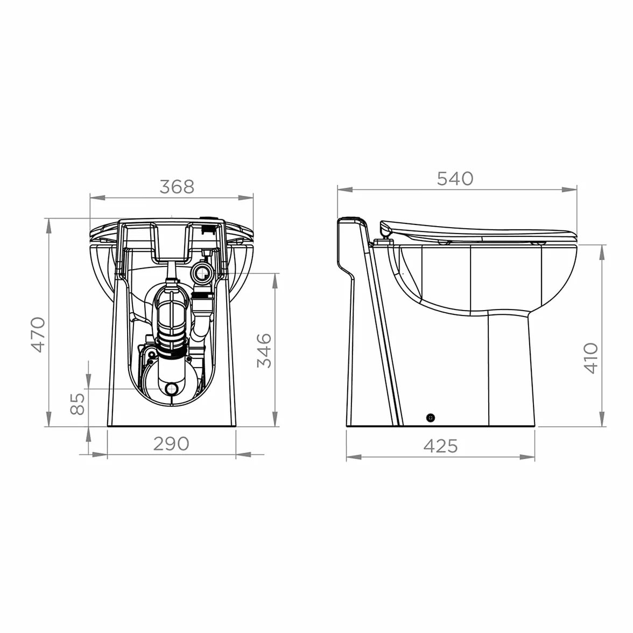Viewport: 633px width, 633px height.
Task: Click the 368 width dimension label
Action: pyautogui.click(x=177, y=186)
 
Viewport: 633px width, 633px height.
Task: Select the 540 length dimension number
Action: pyautogui.click(x=455, y=179)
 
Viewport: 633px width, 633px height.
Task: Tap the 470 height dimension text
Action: pyautogui.click(x=39, y=335)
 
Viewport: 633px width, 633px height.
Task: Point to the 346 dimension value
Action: pyautogui.click(x=264, y=350)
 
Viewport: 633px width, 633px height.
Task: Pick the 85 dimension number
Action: pyautogui.click(x=78, y=404)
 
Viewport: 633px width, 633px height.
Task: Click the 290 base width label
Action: pyautogui.click(x=171, y=444)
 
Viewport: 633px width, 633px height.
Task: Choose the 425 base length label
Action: pyautogui.click(x=440, y=446)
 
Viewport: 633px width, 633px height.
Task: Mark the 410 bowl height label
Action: pyautogui.click(x=590, y=358)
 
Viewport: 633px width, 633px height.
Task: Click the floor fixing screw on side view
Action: pyautogui.click(x=431, y=418)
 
